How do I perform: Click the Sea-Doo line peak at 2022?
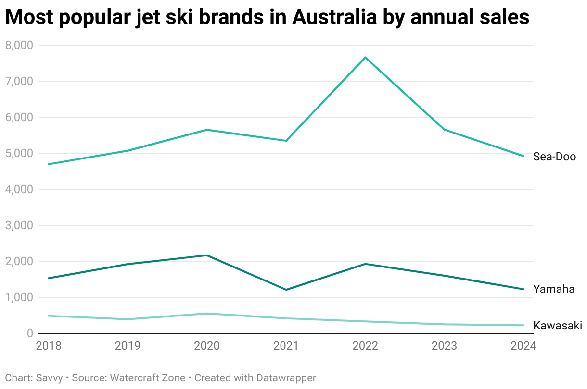[366, 58]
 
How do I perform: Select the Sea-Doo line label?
[554, 157]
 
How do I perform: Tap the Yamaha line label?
[554, 289]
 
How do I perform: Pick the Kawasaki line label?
[558, 326]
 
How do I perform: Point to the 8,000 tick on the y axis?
[19, 45]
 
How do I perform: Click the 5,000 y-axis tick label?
[19, 153]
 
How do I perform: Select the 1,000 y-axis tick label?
[19, 297]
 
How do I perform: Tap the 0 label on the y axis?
[29, 333]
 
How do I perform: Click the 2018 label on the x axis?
[49, 346]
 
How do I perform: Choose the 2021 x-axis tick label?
[286, 346]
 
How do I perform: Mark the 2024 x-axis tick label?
[523, 346]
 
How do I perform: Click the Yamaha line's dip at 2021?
[286, 290]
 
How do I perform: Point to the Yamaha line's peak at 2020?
[207, 255]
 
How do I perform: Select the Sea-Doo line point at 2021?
[286, 141]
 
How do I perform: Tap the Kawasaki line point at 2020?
[207, 314]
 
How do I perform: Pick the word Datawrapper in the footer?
[287, 378]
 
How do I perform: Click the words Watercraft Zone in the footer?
[148, 378]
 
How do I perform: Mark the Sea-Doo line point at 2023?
[445, 130]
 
